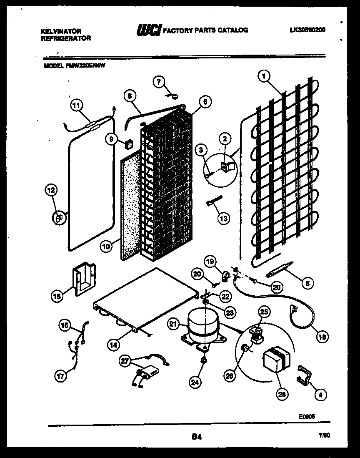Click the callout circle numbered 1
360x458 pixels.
coord(263,76)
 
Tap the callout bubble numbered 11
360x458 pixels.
coord(75,105)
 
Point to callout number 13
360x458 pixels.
coord(223,218)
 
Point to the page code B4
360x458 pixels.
coord(197,437)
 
